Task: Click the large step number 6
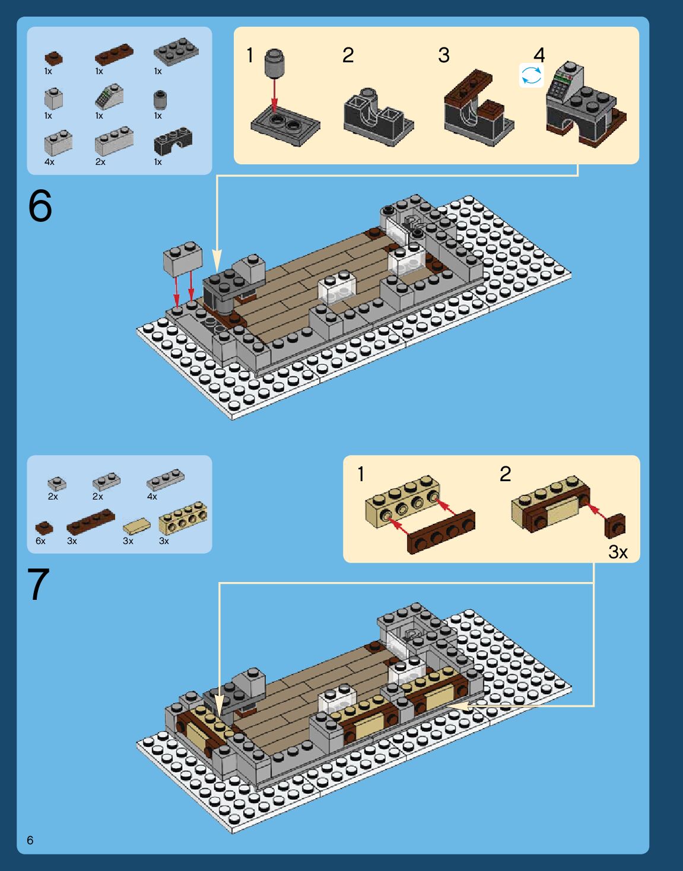pos(40,206)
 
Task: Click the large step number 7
pos(39,584)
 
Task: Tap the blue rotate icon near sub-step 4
pos(532,75)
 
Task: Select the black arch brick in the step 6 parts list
pos(173,141)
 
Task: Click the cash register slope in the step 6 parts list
pos(109,96)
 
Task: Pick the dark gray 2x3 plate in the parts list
pos(176,52)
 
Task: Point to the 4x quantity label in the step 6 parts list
pos(49,162)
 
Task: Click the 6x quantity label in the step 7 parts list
pos(40,541)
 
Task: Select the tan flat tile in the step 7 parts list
pos(136,526)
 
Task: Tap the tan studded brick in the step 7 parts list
pos(183,518)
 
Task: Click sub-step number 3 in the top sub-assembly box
pos(444,55)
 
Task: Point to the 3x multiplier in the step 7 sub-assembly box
pos(618,552)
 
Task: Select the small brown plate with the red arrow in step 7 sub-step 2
pos(615,526)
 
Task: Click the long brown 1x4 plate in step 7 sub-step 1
pos(441,532)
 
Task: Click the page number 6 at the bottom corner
pos(30,840)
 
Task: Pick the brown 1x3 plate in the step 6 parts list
pos(115,54)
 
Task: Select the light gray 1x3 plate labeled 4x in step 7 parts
pos(166,480)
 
